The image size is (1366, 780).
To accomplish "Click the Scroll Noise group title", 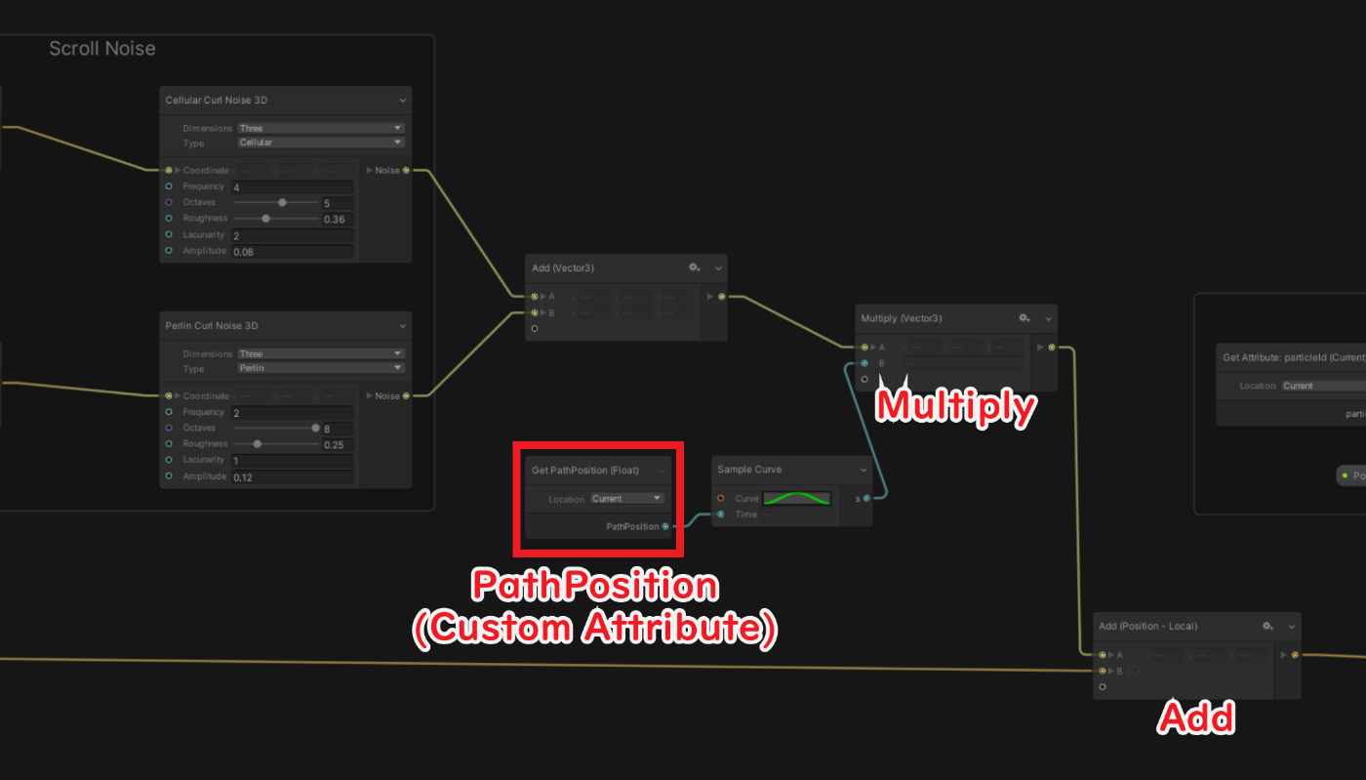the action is [x=101, y=49].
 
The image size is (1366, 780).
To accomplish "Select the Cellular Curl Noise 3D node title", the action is [x=217, y=100].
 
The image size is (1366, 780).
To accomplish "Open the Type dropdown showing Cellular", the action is [x=320, y=143].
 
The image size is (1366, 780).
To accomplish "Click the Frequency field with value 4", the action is [x=292, y=186].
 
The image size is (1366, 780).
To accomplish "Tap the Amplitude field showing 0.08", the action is [x=292, y=251].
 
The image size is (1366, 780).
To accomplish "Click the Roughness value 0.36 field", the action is [x=338, y=219].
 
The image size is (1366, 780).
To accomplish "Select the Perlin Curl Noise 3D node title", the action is [x=212, y=325].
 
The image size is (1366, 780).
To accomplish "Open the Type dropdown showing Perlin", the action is [x=320, y=368].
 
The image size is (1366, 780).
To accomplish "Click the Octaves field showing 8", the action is [x=338, y=429].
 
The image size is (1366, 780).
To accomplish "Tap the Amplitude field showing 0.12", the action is [x=292, y=476].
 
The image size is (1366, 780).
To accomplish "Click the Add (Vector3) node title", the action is [x=563, y=267].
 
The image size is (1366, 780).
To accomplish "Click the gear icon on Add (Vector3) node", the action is [x=694, y=267].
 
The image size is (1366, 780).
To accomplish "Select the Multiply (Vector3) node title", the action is [x=901, y=318].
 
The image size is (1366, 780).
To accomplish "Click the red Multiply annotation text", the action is [x=954, y=405].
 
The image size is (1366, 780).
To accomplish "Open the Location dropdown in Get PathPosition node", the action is [x=627, y=498].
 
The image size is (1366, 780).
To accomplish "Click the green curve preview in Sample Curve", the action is [x=796, y=498].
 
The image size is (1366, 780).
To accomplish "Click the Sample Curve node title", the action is [x=749, y=470].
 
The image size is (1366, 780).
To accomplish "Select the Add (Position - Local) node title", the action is [x=1147, y=626].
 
